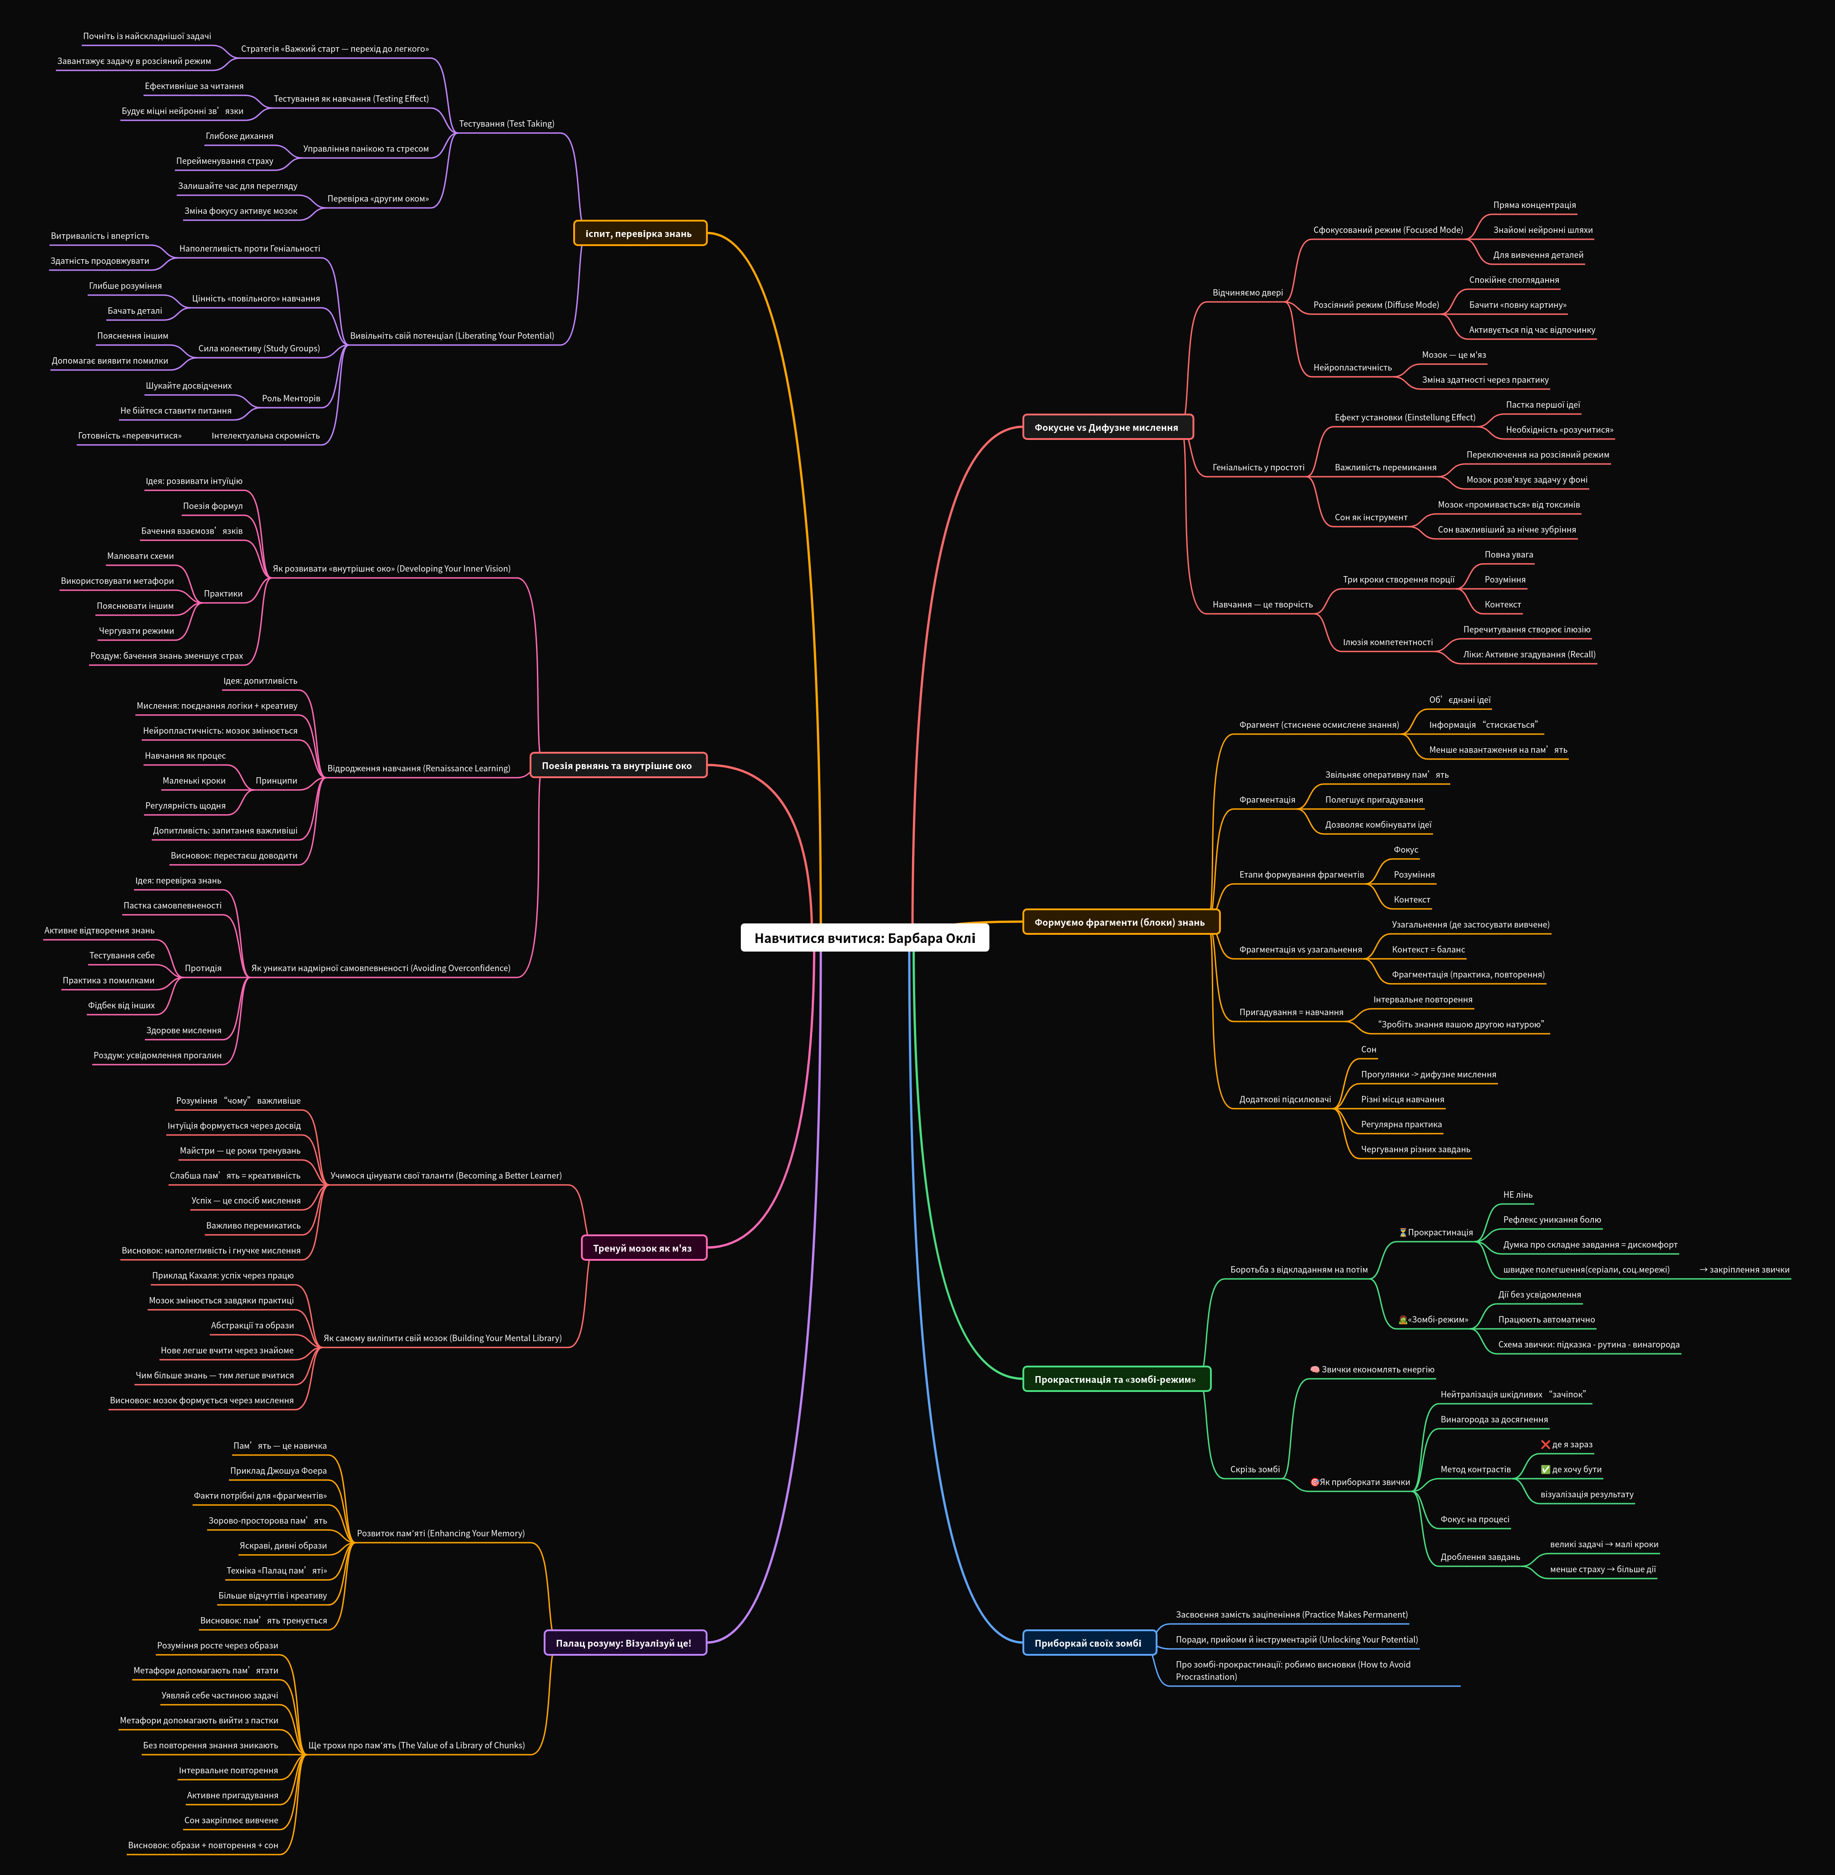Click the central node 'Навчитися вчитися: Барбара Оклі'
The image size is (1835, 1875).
point(864,937)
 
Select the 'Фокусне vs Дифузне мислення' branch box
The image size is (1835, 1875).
point(1107,427)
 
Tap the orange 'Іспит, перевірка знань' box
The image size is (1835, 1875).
point(639,233)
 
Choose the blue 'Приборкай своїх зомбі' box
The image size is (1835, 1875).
point(1088,1643)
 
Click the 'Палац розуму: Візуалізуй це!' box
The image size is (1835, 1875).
point(624,1643)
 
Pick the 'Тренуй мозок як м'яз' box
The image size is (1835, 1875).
point(643,1248)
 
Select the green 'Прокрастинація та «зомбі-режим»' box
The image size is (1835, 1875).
point(1115,1379)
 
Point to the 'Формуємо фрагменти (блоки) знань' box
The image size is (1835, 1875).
point(1120,922)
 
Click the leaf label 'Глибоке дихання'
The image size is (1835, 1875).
point(239,136)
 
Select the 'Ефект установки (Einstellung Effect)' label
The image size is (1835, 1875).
point(1404,417)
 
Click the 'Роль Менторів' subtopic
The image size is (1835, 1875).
point(291,398)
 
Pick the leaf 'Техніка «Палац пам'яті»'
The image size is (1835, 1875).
point(277,1570)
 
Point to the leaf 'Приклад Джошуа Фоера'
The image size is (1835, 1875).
point(278,1470)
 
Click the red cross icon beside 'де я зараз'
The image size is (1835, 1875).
point(1545,1444)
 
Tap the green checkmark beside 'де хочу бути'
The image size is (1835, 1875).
point(1545,1470)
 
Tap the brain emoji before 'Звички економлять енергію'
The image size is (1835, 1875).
point(1314,1369)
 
